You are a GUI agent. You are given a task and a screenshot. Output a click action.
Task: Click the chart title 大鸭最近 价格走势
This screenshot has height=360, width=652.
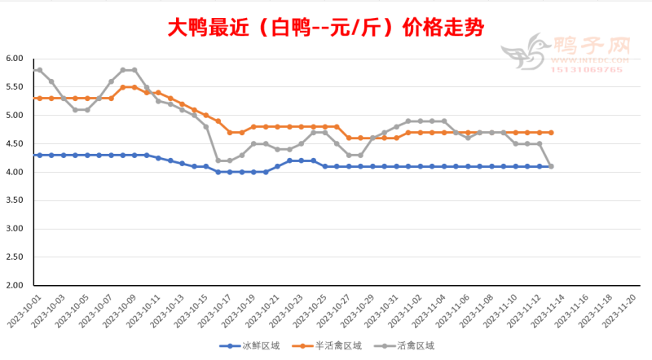coord(326,28)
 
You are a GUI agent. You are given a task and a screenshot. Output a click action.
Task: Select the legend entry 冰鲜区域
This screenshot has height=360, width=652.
coord(253,345)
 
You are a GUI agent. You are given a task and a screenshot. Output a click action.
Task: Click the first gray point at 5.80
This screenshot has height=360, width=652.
coord(39,70)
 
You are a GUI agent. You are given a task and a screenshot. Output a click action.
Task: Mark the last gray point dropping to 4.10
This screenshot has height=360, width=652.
coord(552,166)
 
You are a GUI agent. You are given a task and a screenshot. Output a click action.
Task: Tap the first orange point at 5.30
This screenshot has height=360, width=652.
coord(39,98)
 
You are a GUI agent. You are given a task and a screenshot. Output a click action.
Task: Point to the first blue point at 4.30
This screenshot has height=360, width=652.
coord(39,155)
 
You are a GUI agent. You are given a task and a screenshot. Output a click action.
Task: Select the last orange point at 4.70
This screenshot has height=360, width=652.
coord(552,132)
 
